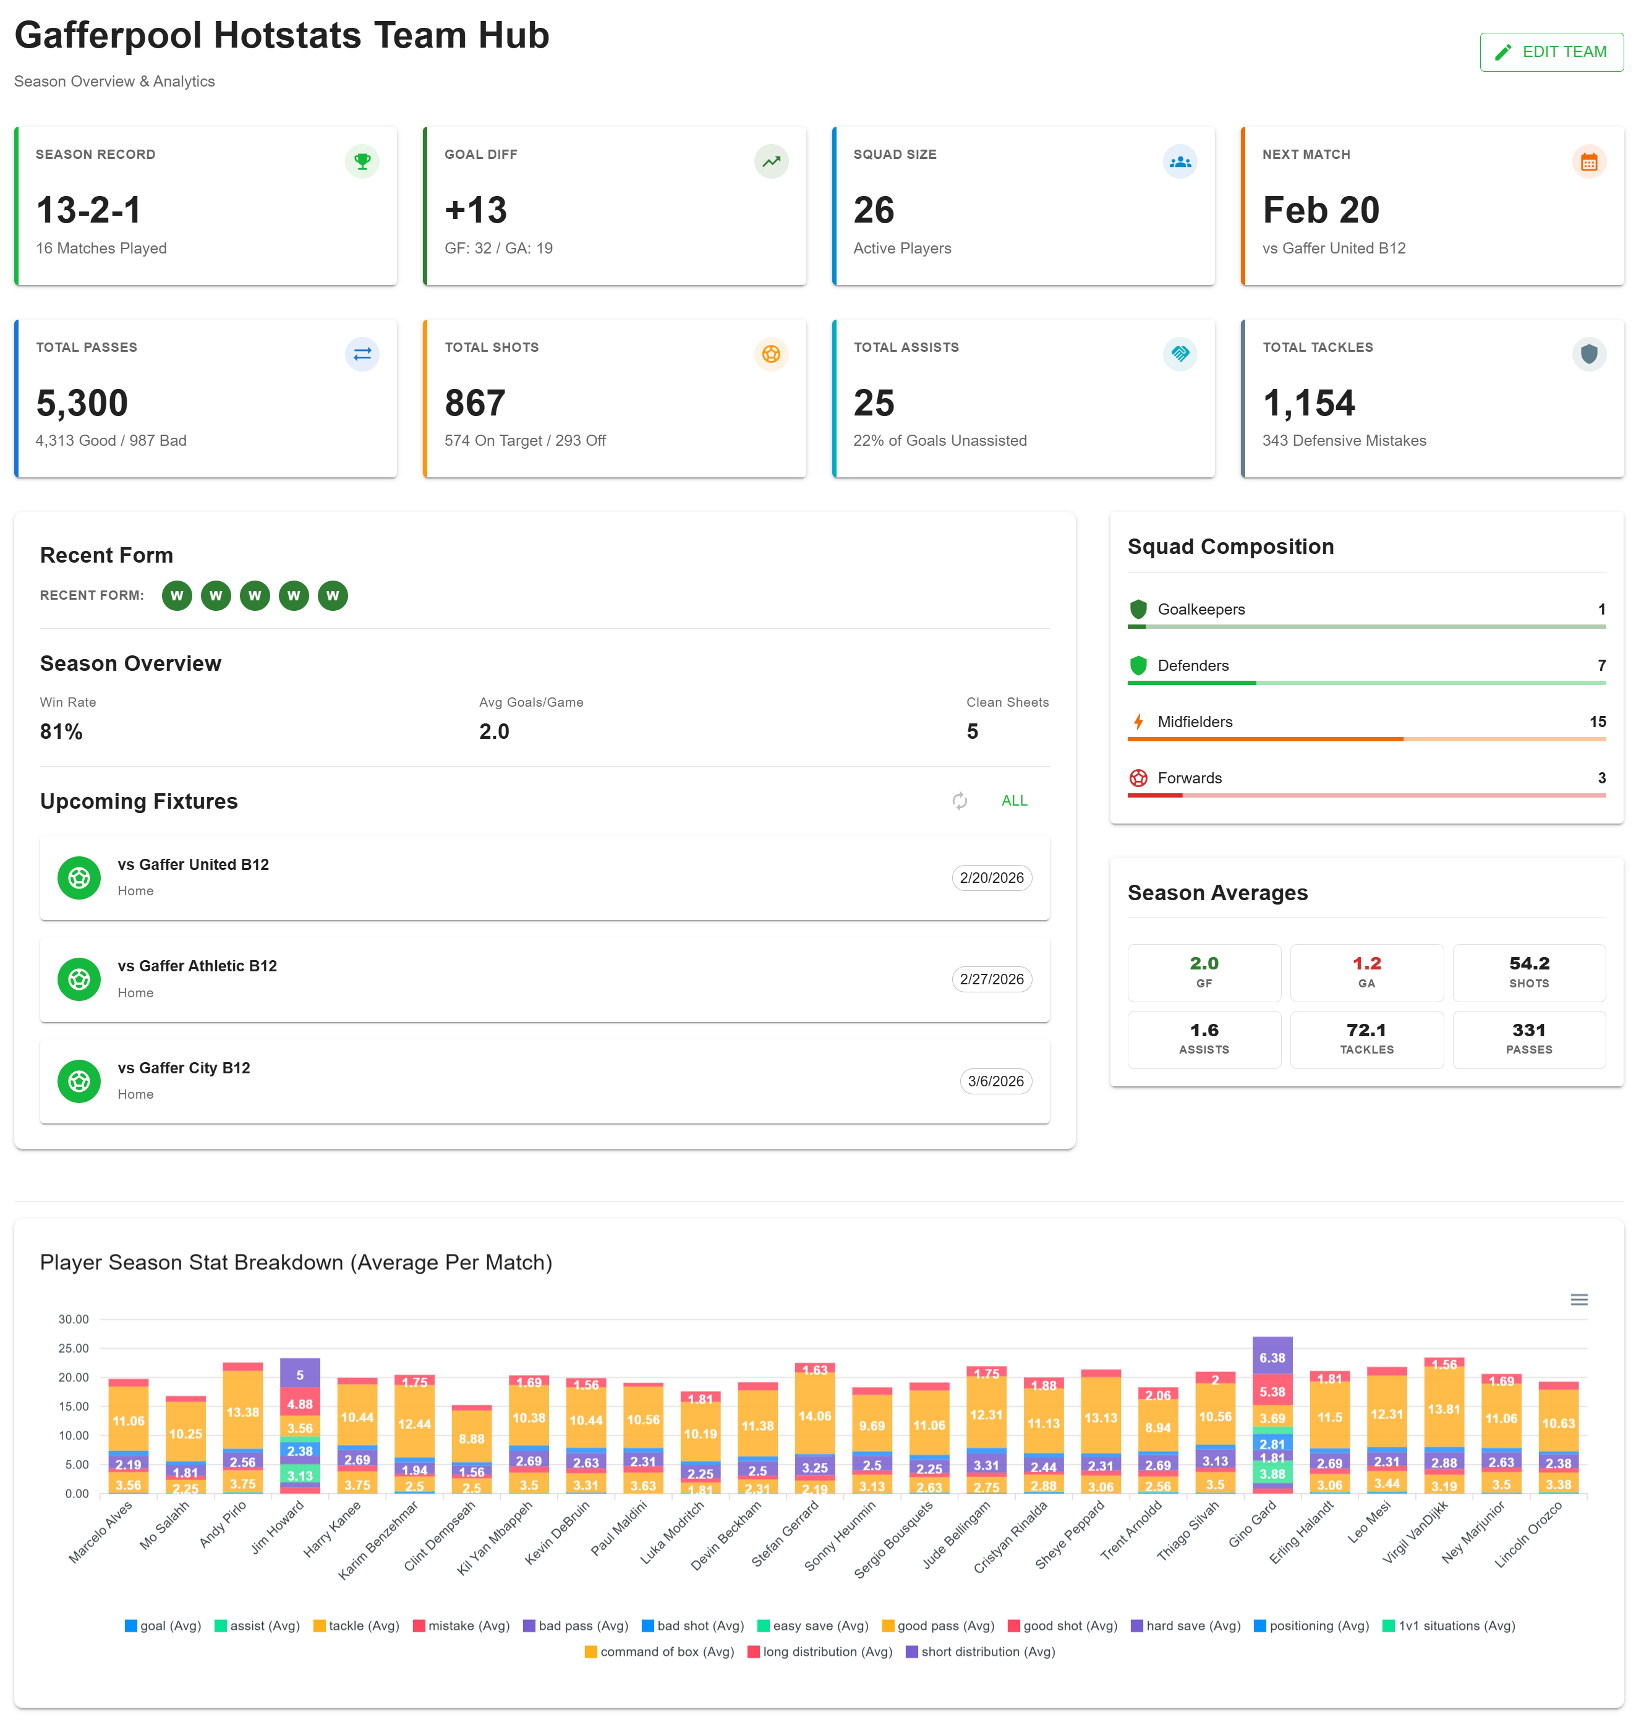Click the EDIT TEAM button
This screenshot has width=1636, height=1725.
1551,53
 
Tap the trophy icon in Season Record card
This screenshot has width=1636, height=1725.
362,161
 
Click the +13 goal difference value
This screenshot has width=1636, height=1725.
475,210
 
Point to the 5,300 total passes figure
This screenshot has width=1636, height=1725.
82,403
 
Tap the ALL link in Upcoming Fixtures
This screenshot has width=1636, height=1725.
1013,801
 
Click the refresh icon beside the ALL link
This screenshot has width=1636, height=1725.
959,801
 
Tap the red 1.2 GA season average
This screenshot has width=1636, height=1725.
1366,964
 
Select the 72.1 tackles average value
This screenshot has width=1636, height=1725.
1366,1030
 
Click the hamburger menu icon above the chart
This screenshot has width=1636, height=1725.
1578,1300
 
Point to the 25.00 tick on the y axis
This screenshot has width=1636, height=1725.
73,1348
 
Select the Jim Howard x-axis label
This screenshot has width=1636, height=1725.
278,1527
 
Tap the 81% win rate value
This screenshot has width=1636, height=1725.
61,731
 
